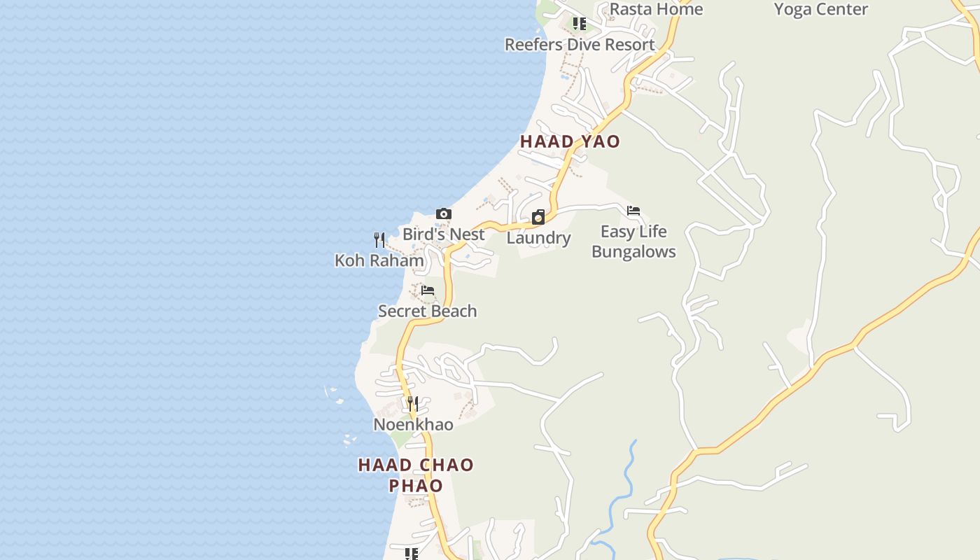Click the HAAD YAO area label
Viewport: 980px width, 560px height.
click(x=570, y=141)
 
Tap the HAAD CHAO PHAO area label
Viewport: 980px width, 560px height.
click(x=416, y=475)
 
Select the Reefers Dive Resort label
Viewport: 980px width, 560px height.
click(x=580, y=45)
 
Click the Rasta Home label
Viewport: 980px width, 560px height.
click(x=656, y=9)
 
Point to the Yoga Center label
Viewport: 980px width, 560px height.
click(x=821, y=9)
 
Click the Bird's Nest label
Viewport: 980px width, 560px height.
click(x=443, y=234)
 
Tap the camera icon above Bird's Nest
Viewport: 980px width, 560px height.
click(x=443, y=214)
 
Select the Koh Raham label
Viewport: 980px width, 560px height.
click(x=379, y=260)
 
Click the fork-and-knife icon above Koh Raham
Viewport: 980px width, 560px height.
click(x=379, y=240)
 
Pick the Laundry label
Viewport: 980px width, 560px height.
click(x=538, y=238)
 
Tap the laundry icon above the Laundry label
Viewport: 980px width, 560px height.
click(x=538, y=217)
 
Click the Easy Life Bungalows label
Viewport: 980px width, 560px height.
click(x=633, y=241)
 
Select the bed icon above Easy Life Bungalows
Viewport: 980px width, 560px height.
click(x=633, y=211)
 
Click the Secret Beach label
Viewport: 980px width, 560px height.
click(x=427, y=311)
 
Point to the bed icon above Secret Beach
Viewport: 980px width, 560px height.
click(x=428, y=290)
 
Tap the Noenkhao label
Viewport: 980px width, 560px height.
click(x=413, y=425)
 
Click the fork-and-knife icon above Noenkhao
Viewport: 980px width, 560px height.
click(x=413, y=404)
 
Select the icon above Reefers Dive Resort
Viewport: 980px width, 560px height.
click(x=580, y=24)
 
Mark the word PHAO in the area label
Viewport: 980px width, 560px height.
click(x=416, y=485)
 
